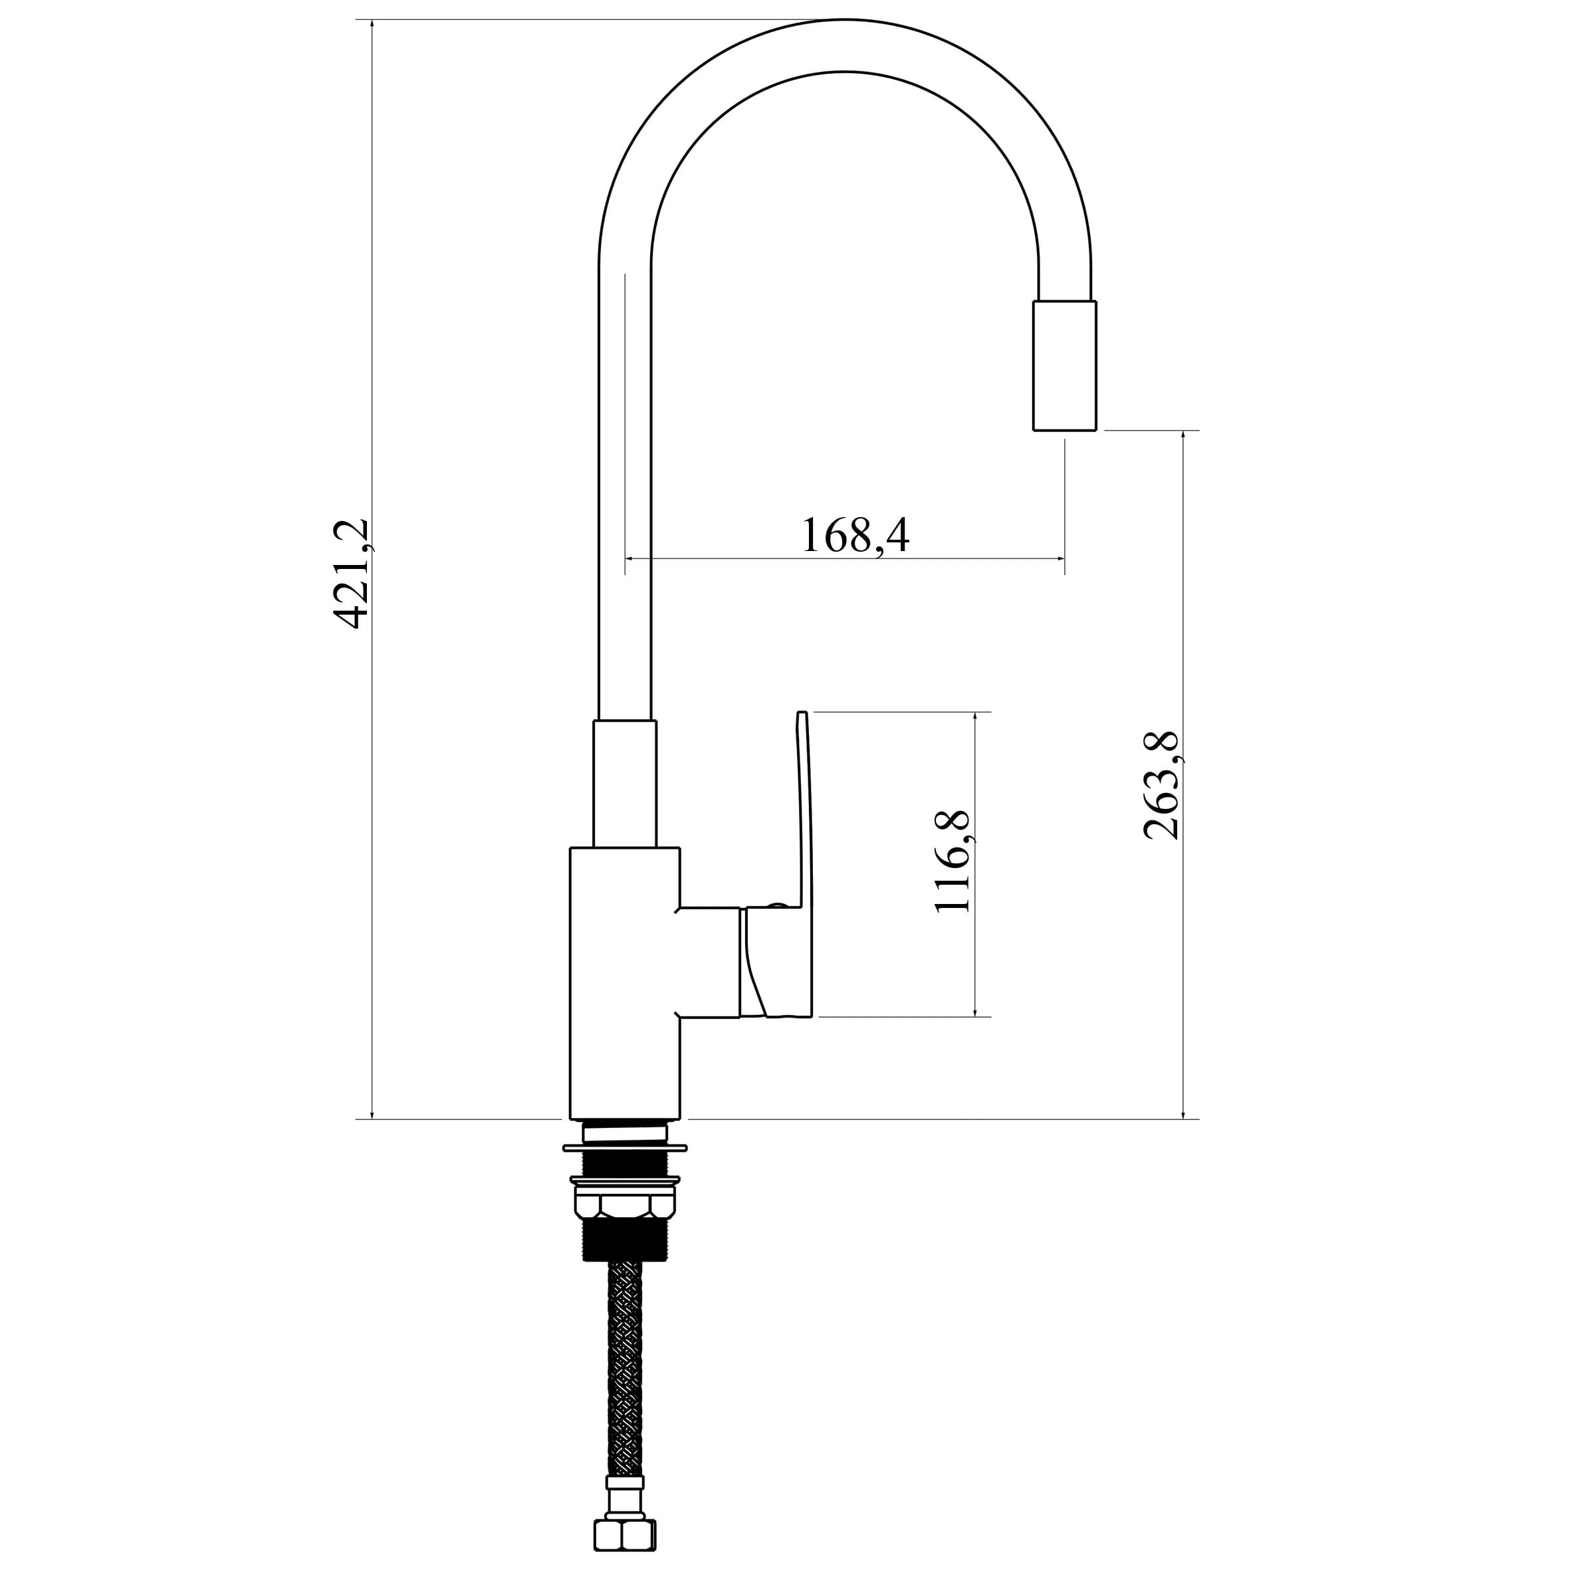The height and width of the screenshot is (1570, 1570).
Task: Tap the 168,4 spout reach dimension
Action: click(x=855, y=534)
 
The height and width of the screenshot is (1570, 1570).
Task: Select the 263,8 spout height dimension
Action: click(x=1161, y=786)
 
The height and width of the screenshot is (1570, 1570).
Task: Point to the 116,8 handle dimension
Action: click(x=953, y=861)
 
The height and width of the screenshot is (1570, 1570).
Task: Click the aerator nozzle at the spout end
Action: click(x=1065, y=365)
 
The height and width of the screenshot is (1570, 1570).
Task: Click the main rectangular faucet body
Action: click(x=625, y=983)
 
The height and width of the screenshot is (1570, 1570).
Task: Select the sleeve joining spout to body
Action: click(x=625, y=784)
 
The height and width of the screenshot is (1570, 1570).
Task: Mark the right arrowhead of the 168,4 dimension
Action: click(x=1060, y=559)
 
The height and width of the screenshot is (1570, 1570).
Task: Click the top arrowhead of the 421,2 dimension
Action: click(x=372, y=25)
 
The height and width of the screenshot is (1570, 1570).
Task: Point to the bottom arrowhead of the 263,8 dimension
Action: click(x=1183, y=1113)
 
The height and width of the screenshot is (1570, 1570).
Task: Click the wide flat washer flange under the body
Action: click(x=625, y=1148)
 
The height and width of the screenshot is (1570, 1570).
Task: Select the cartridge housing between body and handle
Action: click(x=709, y=962)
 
